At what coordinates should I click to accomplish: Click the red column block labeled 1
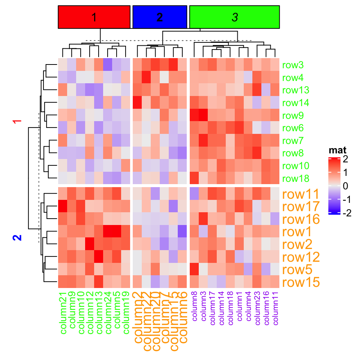[94, 17]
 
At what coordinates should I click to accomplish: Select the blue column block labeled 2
[160, 17]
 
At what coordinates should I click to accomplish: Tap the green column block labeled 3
[235, 17]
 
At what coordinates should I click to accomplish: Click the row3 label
[293, 65]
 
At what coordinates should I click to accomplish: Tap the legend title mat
[337, 151]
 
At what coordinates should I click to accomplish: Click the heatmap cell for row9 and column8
[195, 115]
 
